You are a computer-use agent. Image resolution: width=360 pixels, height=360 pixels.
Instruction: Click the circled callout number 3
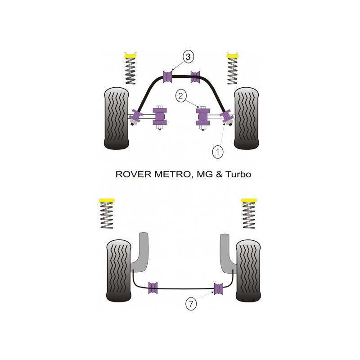(x=188, y=57)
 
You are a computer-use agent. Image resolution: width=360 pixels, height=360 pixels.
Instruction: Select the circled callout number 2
(x=181, y=96)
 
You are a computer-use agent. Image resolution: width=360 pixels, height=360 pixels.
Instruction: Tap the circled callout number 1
(x=217, y=152)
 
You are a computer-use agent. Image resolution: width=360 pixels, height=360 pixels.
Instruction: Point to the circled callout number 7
(x=191, y=304)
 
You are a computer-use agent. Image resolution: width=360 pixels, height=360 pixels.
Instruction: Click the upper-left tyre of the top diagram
(x=117, y=118)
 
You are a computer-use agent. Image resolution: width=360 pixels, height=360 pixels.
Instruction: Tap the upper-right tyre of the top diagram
(x=246, y=118)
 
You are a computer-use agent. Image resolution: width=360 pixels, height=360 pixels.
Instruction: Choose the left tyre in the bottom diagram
(x=119, y=271)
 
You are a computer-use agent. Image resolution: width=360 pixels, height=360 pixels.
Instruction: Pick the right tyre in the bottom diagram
(x=248, y=271)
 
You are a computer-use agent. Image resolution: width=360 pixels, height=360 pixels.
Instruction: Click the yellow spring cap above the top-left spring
(x=130, y=55)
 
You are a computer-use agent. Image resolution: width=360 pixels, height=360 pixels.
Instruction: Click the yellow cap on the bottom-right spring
(x=249, y=200)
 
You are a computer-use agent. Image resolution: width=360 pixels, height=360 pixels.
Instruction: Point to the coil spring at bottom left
(x=107, y=216)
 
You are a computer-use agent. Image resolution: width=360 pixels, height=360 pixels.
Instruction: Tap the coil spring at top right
(x=232, y=71)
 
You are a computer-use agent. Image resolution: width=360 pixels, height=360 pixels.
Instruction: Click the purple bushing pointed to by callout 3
(x=167, y=76)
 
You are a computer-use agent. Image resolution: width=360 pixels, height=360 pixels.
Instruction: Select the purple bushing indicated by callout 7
(x=218, y=289)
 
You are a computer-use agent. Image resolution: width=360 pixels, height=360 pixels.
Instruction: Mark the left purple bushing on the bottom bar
(x=153, y=288)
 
